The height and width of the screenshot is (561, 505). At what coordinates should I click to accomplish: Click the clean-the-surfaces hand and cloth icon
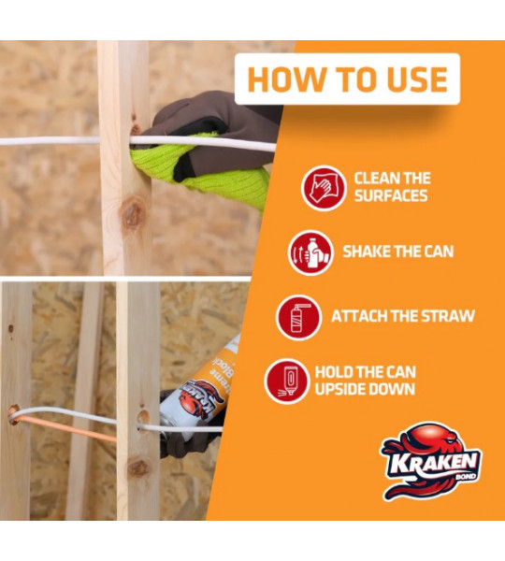324,188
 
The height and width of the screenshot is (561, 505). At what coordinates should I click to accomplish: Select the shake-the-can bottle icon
310,252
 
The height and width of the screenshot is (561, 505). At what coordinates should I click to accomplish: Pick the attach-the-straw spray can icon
298,317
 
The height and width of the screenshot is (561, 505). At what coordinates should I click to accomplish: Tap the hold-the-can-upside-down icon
287,381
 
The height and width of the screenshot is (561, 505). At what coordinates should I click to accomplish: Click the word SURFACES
391,195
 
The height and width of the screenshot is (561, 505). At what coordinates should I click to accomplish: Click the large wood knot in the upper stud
133,214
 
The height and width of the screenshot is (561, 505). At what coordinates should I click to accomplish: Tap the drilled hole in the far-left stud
14,414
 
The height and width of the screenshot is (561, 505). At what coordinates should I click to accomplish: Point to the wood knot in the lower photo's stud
138,467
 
